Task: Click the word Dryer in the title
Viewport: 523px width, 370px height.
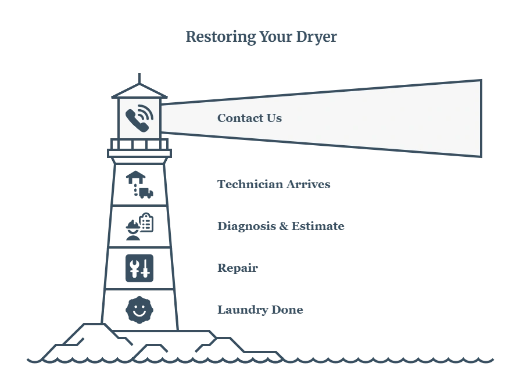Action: pyautogui.click(x=316, y=37)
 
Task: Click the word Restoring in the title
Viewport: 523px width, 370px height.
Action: pyautogui.click(x=220, y=37)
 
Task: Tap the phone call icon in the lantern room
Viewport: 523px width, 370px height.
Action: pyautogui.click(x=139, y=118)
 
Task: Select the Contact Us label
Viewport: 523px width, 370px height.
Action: pyautogui.click(x=249, y=118)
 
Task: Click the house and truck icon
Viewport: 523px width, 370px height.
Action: pyautogui.click(x=139, y=185)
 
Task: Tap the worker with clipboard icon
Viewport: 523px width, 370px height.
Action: pyautogui.click(x=139, y=227)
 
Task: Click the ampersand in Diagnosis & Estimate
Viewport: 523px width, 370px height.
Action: pyautogui.click(x=284, y=227)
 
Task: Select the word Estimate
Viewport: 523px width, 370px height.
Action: pyautogui.click(x=318, y=227)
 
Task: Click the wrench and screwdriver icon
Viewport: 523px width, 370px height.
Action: pyautogui.click(x=139, y=268)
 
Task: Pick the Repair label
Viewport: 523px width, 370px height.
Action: pyautogui.click(x=238, y=268)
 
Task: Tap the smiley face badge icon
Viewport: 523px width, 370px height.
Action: pyautogui.click(x=139, y=310)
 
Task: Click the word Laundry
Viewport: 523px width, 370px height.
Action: pyautogui.click(x=242, y=310)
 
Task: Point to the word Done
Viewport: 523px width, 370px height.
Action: pyautogui.click(x=287, y=310)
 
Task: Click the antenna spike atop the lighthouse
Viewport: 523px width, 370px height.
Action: pyautogui.click(x=139, y=78)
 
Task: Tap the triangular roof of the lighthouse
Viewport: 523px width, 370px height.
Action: pyautogui.click(x=139, y=91)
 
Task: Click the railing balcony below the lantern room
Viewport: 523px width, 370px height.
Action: pyautogui.click(x=139, y=144)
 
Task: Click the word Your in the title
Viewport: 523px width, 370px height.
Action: pyautogui.click(x=276, y=37)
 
